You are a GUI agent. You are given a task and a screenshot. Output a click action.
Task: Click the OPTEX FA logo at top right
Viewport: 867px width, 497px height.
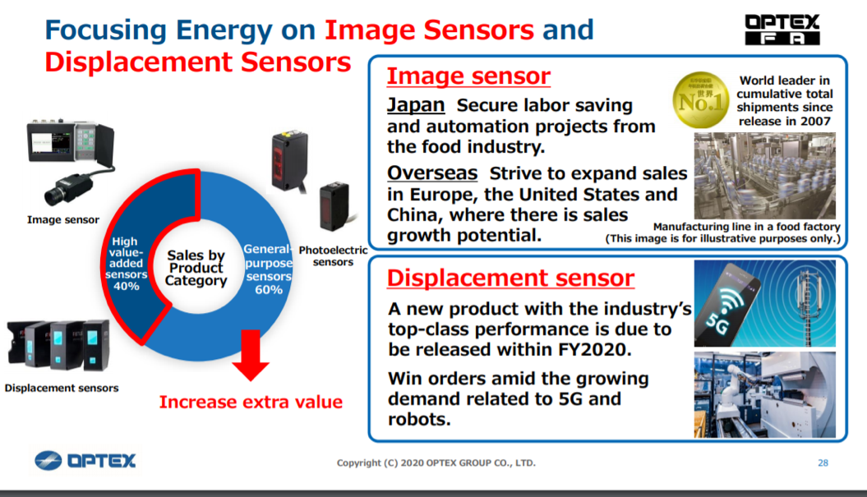pos(782,30)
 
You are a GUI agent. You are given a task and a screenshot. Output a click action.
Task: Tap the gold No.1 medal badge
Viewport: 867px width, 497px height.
pos(700,100)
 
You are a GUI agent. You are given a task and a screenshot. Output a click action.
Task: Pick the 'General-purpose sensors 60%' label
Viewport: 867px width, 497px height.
pos(268,269)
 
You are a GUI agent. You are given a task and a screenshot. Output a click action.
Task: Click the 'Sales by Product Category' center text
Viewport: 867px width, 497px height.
pos(196,268)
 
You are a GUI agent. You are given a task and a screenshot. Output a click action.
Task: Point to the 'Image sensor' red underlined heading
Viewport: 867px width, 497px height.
pos(468,76)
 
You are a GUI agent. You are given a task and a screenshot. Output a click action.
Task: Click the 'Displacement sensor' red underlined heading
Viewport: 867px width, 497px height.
pos(510,278)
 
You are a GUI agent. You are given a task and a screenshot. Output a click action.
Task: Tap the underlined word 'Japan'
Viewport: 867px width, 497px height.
pos(416,104)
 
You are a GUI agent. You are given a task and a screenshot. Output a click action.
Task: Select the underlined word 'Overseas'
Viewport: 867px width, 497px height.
pos(432,173)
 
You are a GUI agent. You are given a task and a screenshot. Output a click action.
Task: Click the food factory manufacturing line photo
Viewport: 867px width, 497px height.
pos(765,176)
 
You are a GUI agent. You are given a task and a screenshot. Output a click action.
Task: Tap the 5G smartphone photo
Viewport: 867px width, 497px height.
pos(765,303)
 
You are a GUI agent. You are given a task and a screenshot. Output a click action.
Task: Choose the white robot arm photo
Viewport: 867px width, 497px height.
pos(765,395)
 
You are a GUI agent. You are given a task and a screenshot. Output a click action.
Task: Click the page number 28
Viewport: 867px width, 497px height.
pos(823,462)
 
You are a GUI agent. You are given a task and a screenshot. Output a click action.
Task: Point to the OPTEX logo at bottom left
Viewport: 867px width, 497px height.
pos(85,461)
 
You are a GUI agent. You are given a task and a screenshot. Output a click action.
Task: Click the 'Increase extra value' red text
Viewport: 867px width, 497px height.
pos(251,402)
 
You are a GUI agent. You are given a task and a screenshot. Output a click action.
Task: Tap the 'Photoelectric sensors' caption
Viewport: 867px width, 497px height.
pos(333,256)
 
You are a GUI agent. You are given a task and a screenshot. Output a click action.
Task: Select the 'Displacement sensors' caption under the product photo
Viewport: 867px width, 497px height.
pos(62,388)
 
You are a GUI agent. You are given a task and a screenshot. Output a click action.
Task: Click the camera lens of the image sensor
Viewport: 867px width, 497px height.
pos(54,196)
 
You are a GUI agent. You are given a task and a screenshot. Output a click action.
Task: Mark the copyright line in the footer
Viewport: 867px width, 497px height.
pos(436,462)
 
